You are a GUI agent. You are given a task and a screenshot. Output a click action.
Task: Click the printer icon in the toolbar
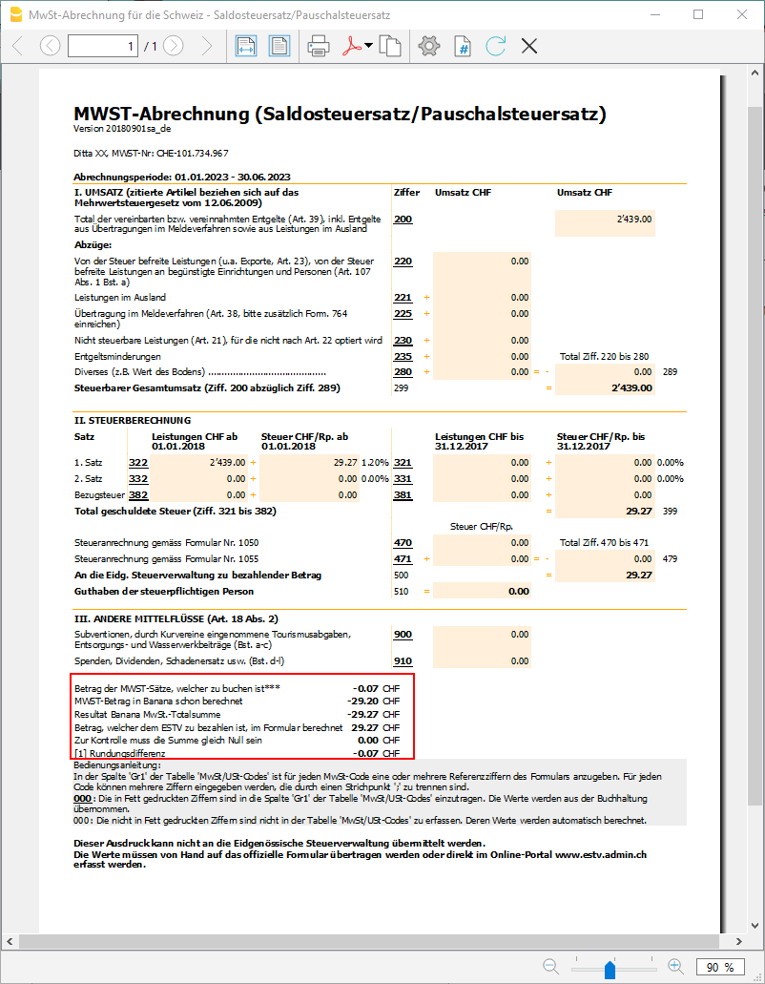[319, 46]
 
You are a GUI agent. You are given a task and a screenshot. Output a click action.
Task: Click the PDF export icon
[353, 46]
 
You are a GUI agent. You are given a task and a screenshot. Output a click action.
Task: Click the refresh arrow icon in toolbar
[495, 46]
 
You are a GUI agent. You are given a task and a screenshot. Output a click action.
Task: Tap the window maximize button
[698, 14]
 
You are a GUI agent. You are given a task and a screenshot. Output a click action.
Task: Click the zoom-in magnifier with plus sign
[675, 967]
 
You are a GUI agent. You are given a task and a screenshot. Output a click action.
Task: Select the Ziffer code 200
[403, 220]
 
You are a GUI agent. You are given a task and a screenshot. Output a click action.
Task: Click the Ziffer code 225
[403, 313]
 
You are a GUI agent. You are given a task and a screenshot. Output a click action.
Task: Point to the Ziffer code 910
[403, 660]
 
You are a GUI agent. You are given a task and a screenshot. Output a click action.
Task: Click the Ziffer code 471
[403, 558]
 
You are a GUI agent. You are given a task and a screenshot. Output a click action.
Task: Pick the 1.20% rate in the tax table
[375, 462]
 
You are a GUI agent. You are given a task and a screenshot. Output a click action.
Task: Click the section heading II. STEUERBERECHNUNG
[132, 420]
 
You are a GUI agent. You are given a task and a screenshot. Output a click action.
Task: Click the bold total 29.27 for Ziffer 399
[633, 512]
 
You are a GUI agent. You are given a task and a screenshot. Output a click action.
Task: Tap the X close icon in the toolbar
[529, 46]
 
